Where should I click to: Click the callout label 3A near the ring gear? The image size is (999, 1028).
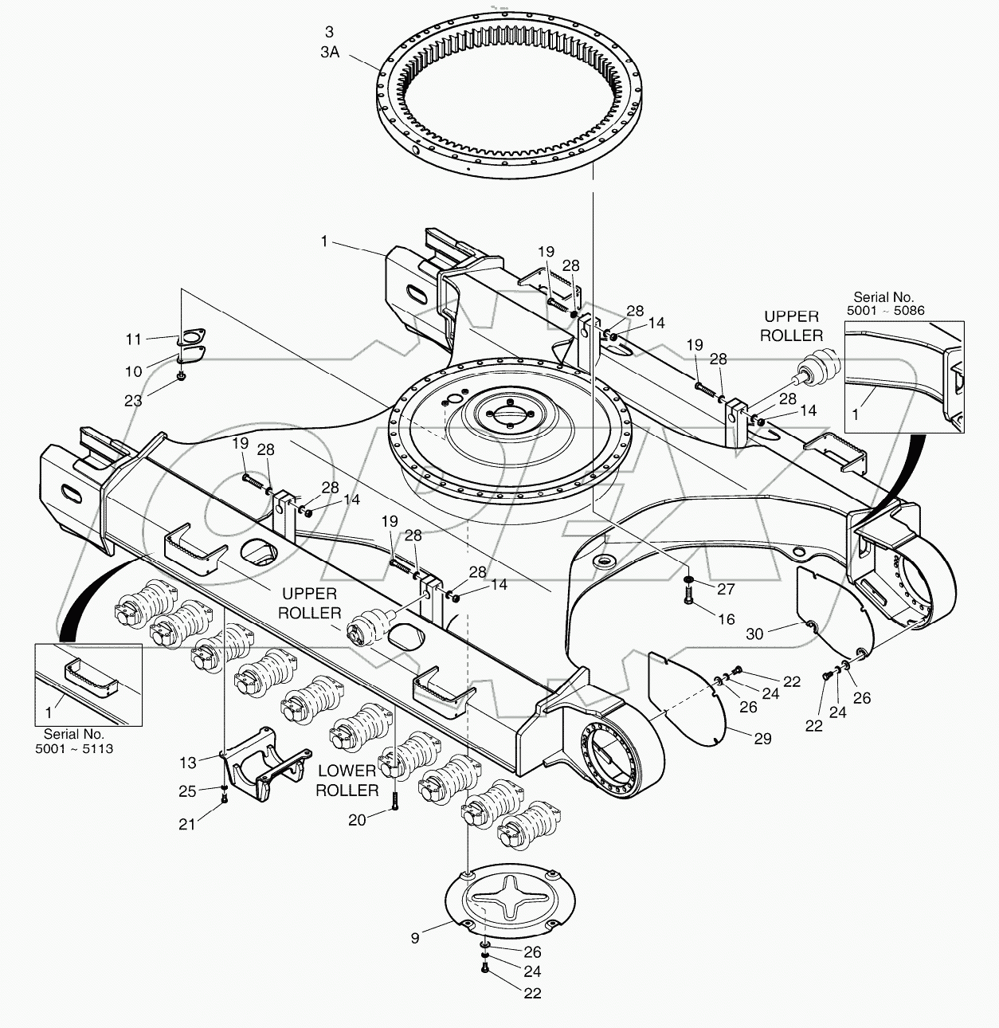tap(330, 50)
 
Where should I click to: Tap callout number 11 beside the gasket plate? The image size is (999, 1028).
tap(133, 339)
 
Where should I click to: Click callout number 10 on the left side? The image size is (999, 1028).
tap(133, 371)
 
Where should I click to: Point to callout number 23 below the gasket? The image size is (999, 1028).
tap(133, 401)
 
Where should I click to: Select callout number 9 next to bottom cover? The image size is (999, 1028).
tap(415, 938)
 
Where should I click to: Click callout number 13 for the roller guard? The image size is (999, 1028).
tap(187, 763)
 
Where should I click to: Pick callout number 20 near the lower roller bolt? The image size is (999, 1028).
tap(357, 819)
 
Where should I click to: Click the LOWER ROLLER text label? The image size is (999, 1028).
tap(347, 780)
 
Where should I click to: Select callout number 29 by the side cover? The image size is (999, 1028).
tap(762, 739)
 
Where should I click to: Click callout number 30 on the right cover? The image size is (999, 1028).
tap(754, 634)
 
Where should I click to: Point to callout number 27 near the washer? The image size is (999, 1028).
tap(725, 589)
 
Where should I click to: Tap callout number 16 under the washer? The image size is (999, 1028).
tap(726, 618)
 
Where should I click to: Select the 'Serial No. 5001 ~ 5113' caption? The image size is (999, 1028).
tap(73, 741)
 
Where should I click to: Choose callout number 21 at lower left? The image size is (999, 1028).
tap(186, 825)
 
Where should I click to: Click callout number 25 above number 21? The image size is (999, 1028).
tap(186, 791)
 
